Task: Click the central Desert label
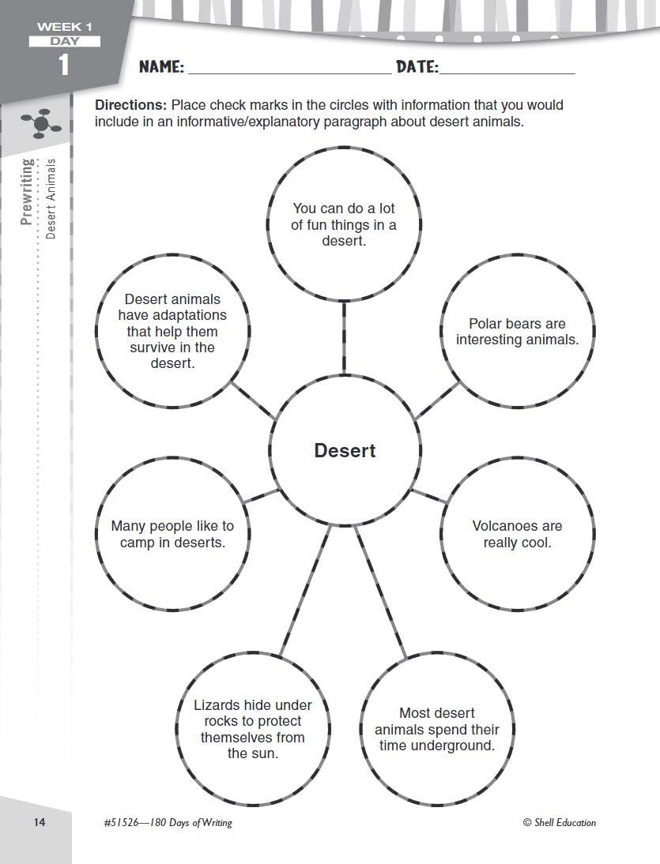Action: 345,450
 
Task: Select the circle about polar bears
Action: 517,332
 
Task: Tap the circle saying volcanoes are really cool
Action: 517,534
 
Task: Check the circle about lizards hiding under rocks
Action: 253,729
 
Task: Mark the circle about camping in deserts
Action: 172,534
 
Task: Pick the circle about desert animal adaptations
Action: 172,332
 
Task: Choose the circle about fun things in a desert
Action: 344,224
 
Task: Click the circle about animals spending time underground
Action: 437,729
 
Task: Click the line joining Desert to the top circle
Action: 344,337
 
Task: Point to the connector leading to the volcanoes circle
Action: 428,496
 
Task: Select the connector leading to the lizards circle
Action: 305,592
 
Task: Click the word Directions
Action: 130,105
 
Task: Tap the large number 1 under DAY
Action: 63,66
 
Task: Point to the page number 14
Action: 40,822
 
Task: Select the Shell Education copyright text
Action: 560,822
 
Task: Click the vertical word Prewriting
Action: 28,192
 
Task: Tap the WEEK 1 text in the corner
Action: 64,28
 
